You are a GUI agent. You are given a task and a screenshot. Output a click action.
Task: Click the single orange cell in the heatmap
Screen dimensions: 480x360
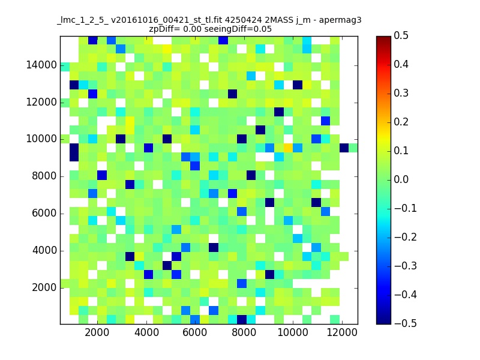click(x=288, y=148)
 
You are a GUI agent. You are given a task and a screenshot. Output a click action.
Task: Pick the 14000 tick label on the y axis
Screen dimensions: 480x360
click(x=41, y=65)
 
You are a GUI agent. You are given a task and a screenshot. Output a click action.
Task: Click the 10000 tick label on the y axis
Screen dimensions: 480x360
click(x=41, y=139)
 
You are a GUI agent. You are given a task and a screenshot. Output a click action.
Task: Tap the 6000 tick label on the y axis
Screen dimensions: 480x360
click(x=44, y=214)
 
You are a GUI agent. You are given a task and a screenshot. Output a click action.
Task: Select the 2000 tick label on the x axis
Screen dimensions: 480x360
click(x=97, y=332)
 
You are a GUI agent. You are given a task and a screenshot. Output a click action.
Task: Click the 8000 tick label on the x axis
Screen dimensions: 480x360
click(x=244, y=332)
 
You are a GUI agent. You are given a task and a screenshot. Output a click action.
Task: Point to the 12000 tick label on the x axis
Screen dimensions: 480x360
click(x=342, y=332)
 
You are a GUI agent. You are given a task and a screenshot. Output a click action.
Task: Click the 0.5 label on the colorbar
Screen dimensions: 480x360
click(x=401, y=35)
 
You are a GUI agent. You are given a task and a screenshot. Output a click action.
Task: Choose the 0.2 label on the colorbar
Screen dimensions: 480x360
click(x=401, y=122)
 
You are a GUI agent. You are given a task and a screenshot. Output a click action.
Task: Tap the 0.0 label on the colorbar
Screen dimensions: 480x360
click(x=401, y=179)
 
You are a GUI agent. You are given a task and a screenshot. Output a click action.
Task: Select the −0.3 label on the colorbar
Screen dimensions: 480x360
click(x=406, y=266)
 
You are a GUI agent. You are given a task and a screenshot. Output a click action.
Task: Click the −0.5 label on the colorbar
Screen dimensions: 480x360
click(x=406, y=323)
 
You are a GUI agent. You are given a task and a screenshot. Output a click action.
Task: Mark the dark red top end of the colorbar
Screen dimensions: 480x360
click(x=383, y=38)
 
